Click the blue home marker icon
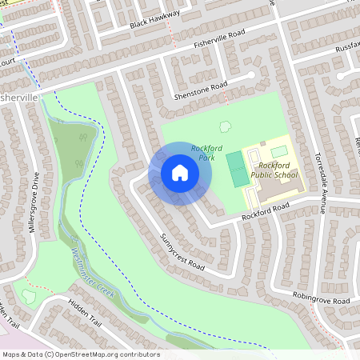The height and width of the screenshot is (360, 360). [180, 173]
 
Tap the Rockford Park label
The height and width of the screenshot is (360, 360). [202, 153]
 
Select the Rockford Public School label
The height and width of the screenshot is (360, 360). [274, 169]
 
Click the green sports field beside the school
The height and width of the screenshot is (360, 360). [236, 170]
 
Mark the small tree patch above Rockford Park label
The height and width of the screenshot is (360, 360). [226, 126]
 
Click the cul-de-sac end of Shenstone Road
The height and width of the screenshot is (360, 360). [258, 76]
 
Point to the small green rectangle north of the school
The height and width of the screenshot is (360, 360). [278, 151]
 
